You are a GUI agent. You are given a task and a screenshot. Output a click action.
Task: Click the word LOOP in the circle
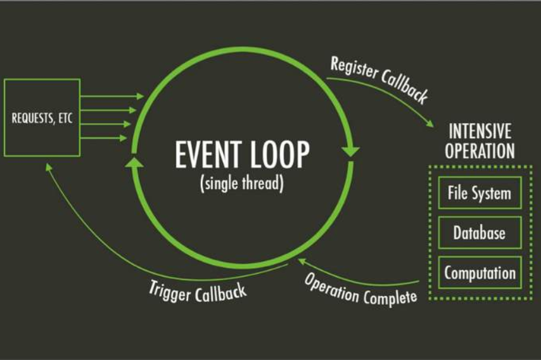(x=280, y=154)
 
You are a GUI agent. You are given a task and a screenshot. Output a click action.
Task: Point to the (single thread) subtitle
(x=242, y=183)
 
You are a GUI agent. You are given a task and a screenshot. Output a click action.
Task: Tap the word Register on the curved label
(x=354, y=68)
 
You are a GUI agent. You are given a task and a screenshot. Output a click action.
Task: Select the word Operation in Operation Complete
(x=331, y=287)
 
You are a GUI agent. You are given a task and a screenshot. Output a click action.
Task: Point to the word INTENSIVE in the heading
(x=480, y=131)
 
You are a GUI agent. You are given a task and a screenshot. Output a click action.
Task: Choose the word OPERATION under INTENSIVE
(x=480, y=151)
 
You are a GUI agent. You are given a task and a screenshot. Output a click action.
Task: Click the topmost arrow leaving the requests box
(x=112, y=96)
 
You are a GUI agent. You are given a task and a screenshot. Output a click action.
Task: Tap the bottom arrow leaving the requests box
(x=103, y=138)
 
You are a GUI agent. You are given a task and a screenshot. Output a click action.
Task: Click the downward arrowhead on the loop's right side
(x=350, y=151)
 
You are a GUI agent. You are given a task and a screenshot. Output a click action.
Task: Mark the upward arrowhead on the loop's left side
(x=134, y=162)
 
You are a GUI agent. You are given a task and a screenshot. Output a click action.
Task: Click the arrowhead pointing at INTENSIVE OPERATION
(x=430, y=123)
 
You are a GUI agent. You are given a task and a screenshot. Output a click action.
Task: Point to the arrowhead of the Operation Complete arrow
(x=302, y=262)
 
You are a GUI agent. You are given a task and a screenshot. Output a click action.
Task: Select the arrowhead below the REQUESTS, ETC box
(x=49, y=167)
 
